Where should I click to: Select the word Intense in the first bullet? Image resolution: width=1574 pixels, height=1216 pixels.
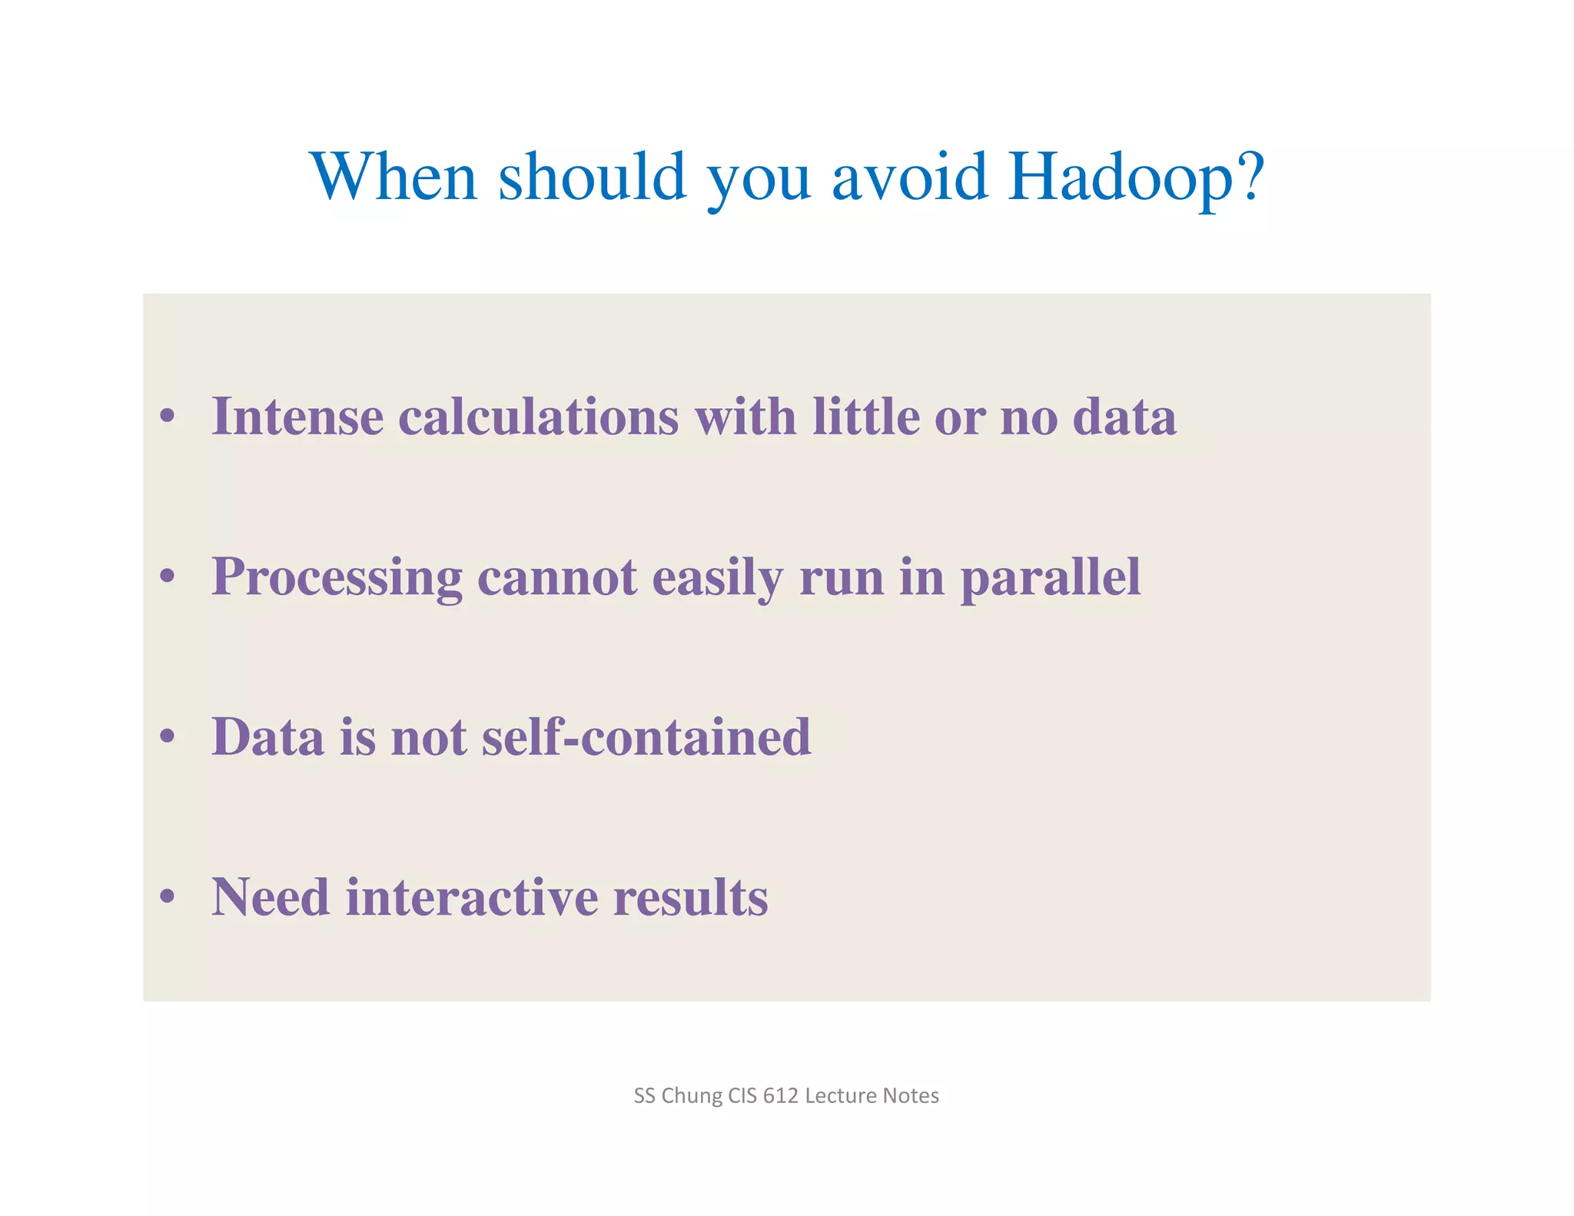(297, 417)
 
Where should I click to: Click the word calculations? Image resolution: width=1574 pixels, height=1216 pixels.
(538, 417)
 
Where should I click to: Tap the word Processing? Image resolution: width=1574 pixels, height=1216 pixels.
(337, 578)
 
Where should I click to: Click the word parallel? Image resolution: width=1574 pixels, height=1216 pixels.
(1050, 578)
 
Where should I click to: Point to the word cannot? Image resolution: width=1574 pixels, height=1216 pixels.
(557, 578)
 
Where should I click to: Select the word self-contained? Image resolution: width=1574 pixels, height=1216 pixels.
(646, 737)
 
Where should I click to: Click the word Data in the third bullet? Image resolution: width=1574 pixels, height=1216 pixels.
(267, 737)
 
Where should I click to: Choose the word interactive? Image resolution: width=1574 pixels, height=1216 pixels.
(471, 897)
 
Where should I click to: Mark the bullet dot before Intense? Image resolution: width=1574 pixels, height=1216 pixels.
(168, 417)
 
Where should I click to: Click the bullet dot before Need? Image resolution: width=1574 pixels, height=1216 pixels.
(168, 898)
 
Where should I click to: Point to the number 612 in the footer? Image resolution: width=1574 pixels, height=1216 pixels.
(780, 1095)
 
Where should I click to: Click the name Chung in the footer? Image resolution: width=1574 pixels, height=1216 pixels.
(692, 1095)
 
